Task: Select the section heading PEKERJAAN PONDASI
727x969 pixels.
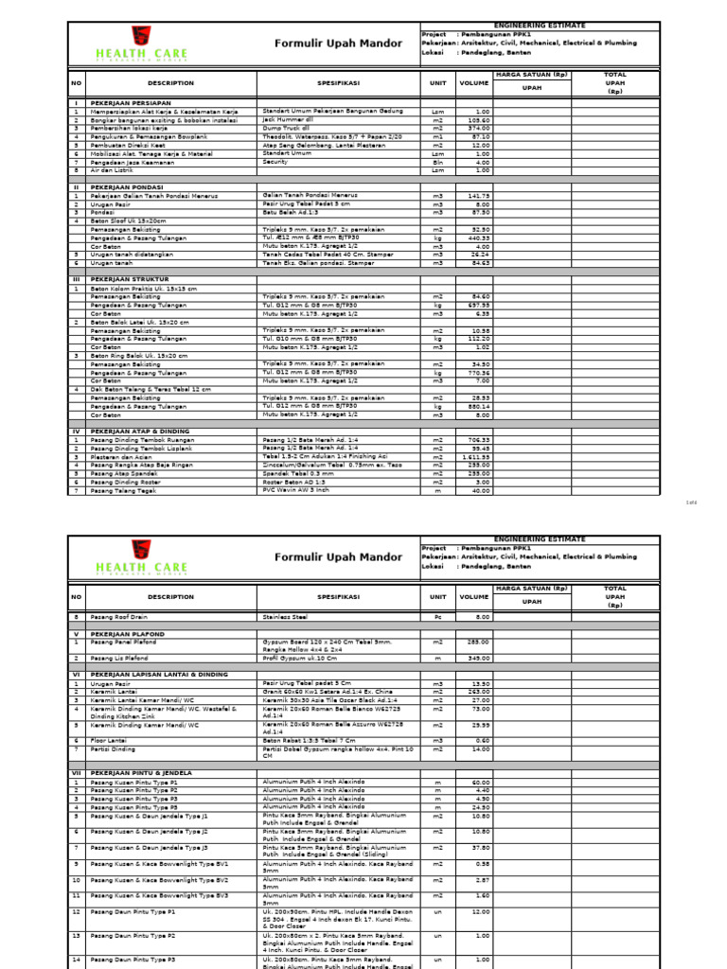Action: [x=123, y=187]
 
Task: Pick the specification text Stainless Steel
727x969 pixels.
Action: [x=285, y=616]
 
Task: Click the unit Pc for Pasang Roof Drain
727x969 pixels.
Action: [x=437, y=616]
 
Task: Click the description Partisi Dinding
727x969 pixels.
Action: [x=115, y=749]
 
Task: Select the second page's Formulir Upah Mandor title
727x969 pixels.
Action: [x=324, y=558]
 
